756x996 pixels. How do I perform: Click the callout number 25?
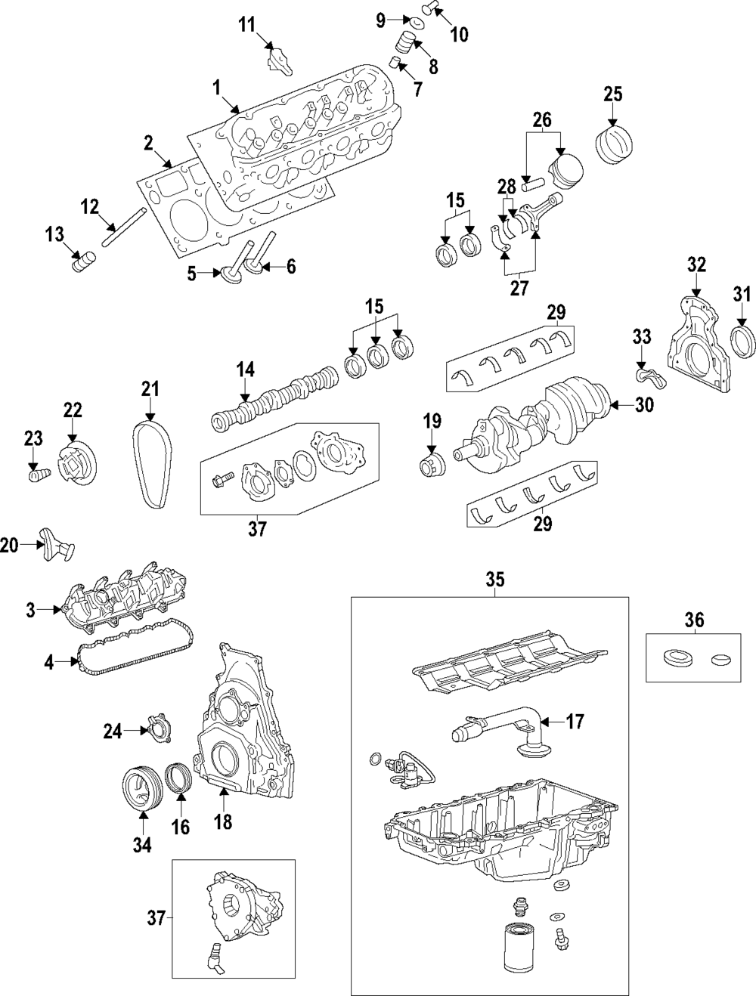612,94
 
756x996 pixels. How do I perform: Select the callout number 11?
247,25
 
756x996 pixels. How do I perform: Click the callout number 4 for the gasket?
50,663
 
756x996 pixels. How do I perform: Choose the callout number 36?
694,620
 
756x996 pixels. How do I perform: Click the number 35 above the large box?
494,580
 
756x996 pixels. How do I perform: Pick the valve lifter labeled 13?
81,264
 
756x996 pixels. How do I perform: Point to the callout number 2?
149,143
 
